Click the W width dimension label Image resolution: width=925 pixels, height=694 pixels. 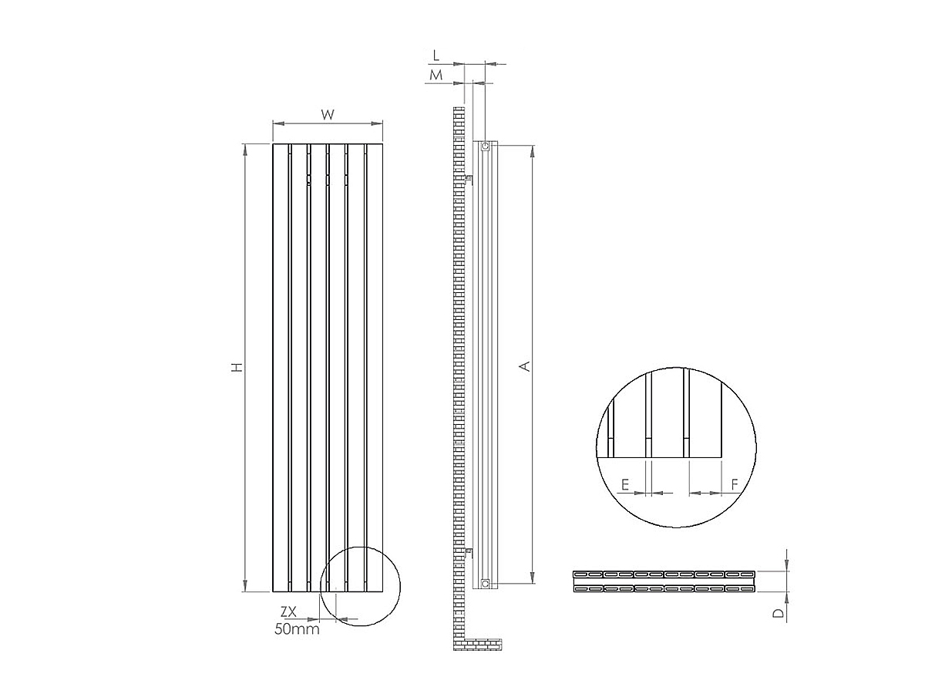click(328, 115)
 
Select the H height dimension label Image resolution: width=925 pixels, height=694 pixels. click(238, 367)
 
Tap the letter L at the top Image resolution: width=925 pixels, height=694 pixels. click(436, 55)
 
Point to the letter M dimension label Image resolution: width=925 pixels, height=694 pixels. click(436, 75)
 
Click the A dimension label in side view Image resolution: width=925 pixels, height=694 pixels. click(525, 366)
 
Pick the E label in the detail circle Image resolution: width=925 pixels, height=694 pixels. click(626, 484)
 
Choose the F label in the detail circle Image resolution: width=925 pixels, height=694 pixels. click(735, 484)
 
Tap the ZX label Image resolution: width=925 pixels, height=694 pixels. click(289, 611)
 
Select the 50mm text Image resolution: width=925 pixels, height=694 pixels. click(297, 628)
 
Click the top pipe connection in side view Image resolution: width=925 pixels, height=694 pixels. click(485, 147)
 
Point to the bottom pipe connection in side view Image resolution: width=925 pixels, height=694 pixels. click(485, 583)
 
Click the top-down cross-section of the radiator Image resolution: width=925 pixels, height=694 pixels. click(664, 581)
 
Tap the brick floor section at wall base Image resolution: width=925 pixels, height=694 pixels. click(483, 643)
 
